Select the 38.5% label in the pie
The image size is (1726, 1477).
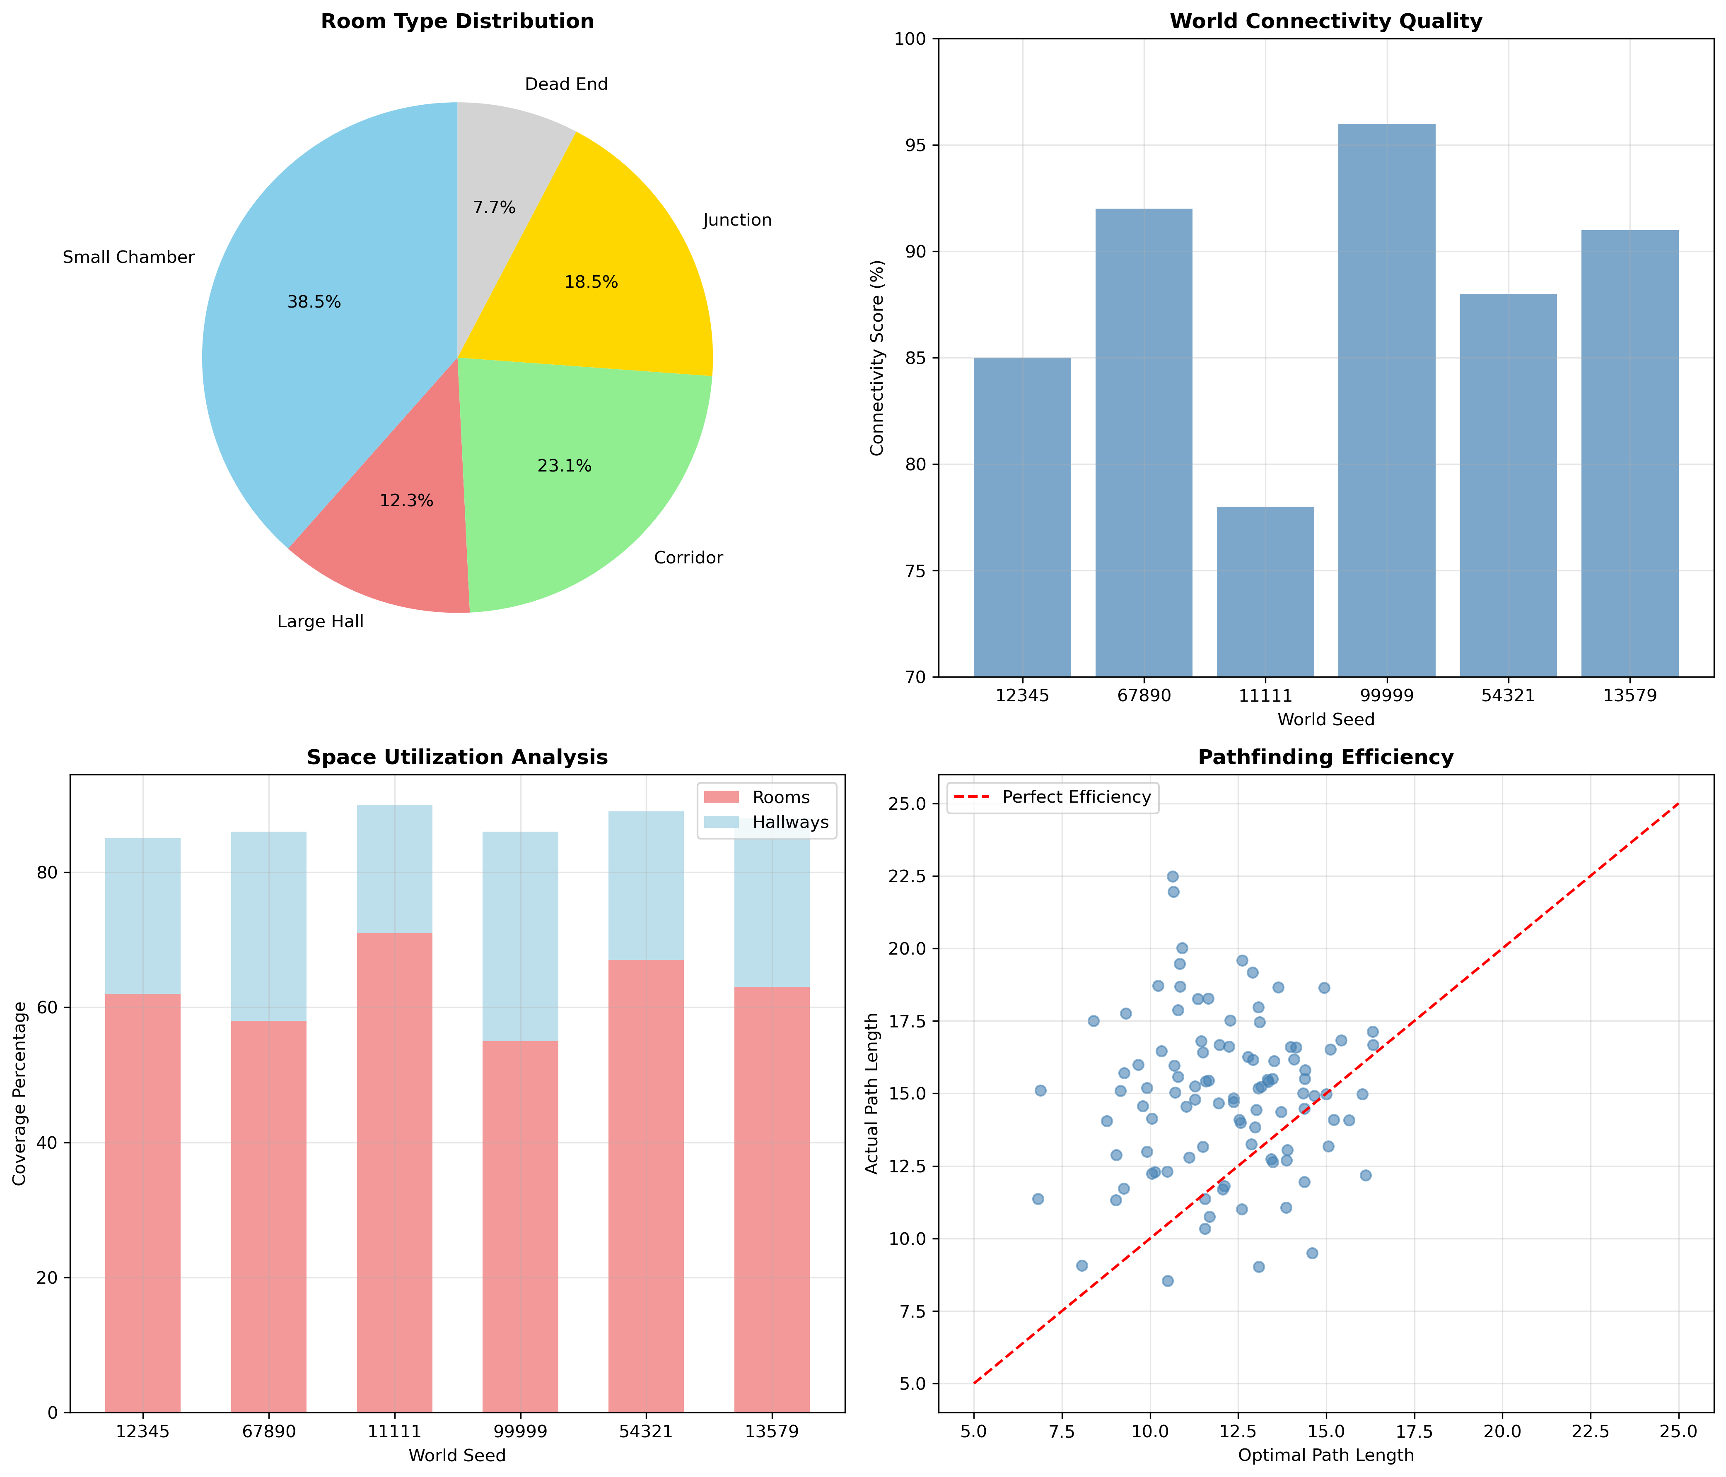[314, 302]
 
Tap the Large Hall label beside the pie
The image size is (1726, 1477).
[321, 622]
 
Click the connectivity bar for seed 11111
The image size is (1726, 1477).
[1265, 591]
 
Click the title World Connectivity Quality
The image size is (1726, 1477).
[1325, 22]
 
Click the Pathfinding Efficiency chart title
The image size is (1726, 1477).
[1325, 758]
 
